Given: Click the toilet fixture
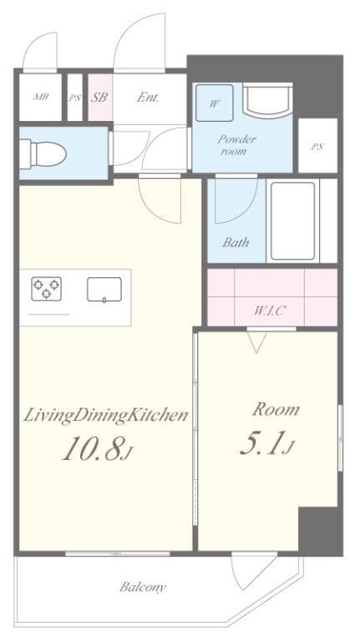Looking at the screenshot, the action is [43, 154].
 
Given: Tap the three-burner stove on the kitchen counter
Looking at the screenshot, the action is [46, 289].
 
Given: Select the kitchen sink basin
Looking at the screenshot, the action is [104, 289].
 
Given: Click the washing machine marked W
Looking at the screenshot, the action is [215, 103].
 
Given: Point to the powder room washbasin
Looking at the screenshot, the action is [267, 100].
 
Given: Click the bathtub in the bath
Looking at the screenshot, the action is [292, 220].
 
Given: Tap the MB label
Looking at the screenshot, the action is [40, 97].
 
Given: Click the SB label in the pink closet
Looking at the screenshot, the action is [99, 98].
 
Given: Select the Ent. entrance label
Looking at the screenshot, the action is [148, 98].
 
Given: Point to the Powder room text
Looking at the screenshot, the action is [237, 144].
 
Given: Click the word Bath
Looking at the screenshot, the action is [236, 242].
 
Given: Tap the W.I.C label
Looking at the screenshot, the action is [269, 311].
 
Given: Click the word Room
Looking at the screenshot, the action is [276, 409].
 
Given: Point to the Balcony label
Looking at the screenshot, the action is [143, 588].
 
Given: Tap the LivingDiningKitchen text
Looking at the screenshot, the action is [105, 416].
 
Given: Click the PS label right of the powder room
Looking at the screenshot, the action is [317, 147].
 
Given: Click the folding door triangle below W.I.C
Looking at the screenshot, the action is [257, 342].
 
